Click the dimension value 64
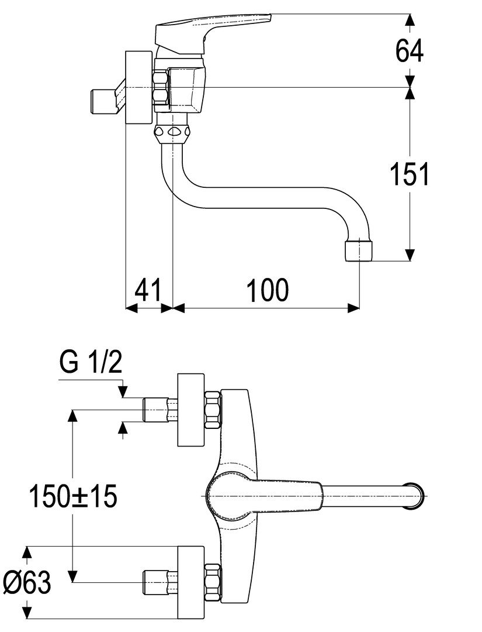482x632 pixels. click(409, 51)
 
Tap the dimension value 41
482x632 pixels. click(148, 290)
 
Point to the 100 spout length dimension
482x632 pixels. click(267, 290)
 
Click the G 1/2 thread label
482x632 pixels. click(91, 363)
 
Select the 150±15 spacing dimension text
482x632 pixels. click(74, 497)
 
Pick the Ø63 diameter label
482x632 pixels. click(27, 582)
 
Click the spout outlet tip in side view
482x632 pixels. click(358, 250)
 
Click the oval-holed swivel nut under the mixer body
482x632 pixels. click(173, 132)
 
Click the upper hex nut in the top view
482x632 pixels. click(212, 410)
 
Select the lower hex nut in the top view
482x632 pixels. click(212, 582)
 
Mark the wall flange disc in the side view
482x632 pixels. click(139, 88)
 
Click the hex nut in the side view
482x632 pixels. click(161, 88)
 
